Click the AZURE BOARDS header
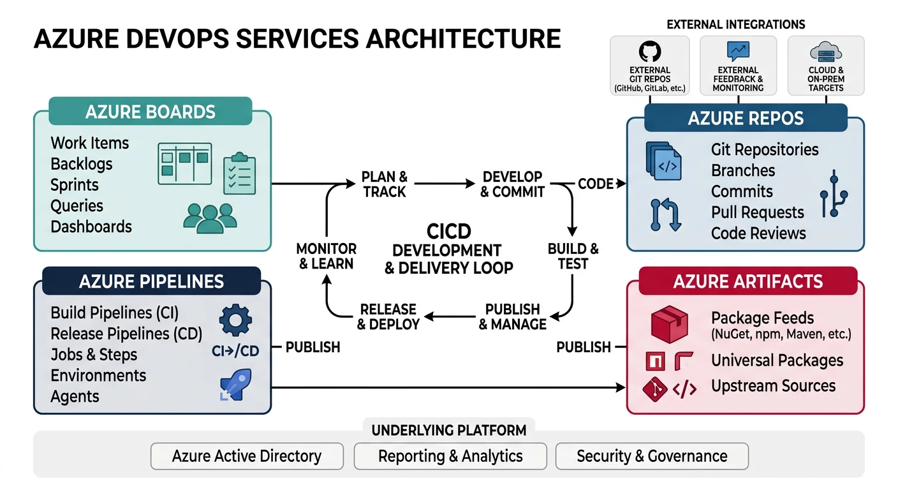pyautogui.click(x=151, y=112)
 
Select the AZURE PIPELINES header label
pyautogui.click(x=151, y=281)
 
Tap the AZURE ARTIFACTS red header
pyautogui.click(x=748, y=281)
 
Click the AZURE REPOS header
pyautogui.click(x=746, y=119)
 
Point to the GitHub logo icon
pyautogui.click(x=650, y=52)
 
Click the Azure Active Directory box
pyautogui.click(x=247, y=456)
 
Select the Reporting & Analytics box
pyautogui.click(x=450, y=456)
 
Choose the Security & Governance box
pyautogui.click(x=652, y=456)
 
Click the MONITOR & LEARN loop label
pyautogui.click(x=327, y=256)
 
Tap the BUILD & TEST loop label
pyautogui.click(x=573, y=256)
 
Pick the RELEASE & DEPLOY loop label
pyautogui.click(x=388, y=316)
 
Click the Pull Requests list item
pyautogui.click(x=758, y=212)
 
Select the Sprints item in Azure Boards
pyautogui.click(x=75, y=185)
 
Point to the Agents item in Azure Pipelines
pyautogui.click(x=75, y=396)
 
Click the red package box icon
pyautogui.click(x=669, y=323)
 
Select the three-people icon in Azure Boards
pyautogui.click(x=210, y=218)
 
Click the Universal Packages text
pyautogui.click(x=777, y=360)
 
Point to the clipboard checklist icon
pyautogui.click(x=239, y=174)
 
